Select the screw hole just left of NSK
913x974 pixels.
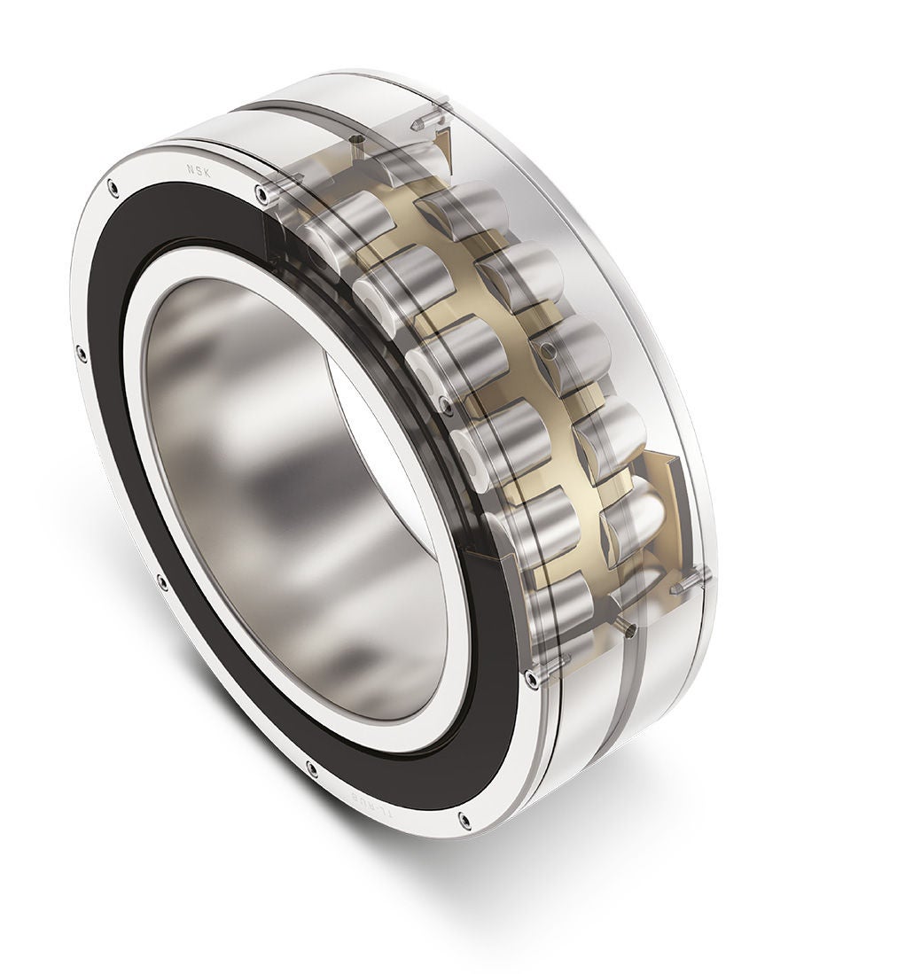tap(112, 186)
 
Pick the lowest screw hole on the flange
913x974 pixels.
tap(463, 823)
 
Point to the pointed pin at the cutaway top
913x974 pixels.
tap(422, 119)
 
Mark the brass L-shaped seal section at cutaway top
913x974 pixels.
tap(443, 142)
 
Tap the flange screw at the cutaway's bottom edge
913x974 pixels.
tap(531, 679)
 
